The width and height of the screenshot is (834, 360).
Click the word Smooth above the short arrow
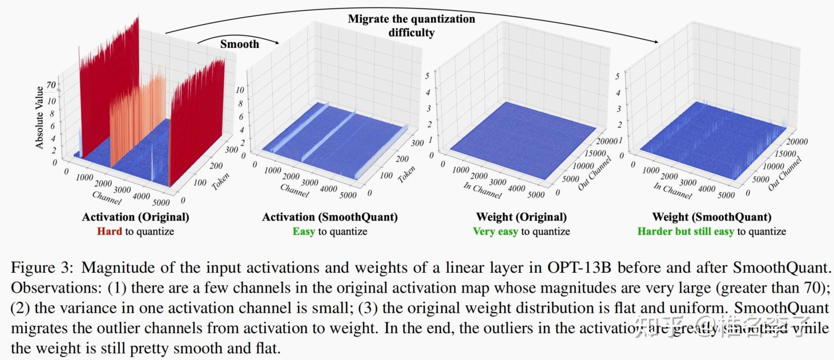pos(239,44)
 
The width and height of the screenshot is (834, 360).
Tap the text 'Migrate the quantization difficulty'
pos(411,25)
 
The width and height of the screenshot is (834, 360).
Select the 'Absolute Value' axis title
pos(39,118)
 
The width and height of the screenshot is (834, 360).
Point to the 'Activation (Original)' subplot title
pos(135,217)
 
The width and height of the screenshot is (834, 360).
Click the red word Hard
pos(109,231)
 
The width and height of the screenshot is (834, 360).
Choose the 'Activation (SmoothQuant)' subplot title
pos(330,217)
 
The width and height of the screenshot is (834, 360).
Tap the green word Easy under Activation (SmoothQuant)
pos(304,231)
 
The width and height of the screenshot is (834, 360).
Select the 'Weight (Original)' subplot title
pos(521,217)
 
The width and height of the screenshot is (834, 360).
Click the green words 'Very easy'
pos(495,231)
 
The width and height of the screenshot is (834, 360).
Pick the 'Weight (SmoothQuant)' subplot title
pos(711,217)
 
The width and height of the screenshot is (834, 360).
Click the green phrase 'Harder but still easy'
pos(686,231)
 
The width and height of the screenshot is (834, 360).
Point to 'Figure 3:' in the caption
pos(42,268)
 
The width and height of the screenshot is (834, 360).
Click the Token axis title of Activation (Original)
pos(221,177)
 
